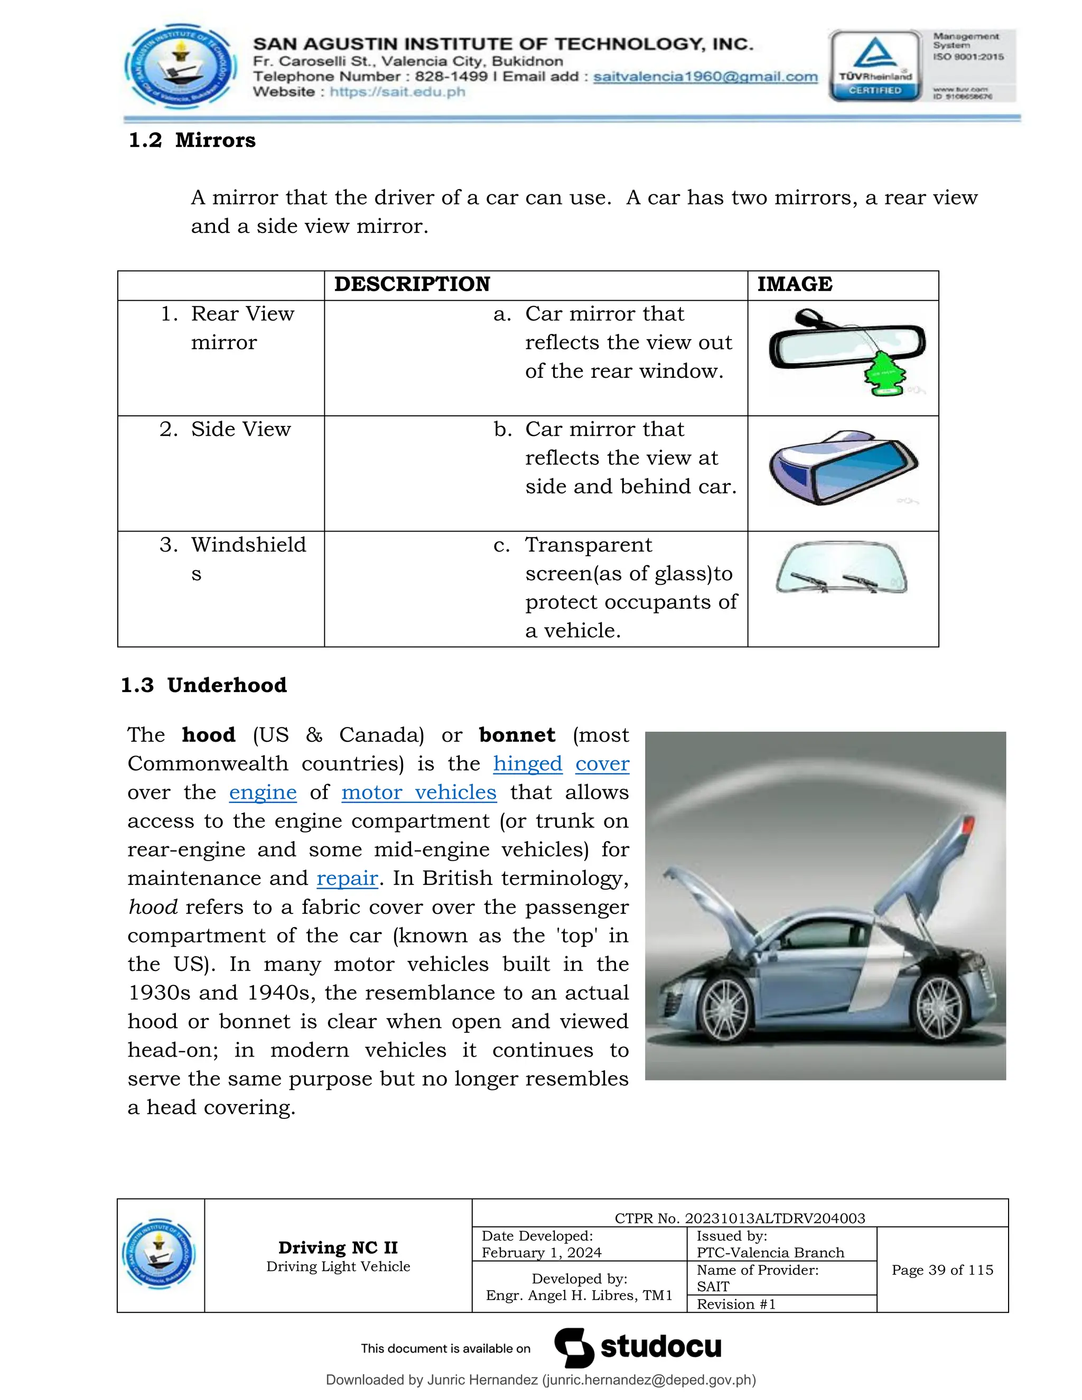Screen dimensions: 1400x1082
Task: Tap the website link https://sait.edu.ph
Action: tap(397, 92)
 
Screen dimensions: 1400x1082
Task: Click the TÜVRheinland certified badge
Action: tap(875, 66)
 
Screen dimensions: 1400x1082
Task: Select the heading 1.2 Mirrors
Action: tap(192, 140)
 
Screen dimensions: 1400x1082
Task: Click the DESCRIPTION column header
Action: tap(412, 284)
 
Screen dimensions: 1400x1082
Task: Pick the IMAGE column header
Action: tap(794, 284)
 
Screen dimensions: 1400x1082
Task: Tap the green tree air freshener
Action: tap(883, 373)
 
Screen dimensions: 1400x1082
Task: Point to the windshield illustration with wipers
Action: tap(841, 568)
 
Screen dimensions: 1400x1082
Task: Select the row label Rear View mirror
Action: tap(228, 328)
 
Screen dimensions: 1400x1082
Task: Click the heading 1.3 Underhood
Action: tap(204, 685)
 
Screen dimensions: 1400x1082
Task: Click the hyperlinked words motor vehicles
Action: tap(418, 792)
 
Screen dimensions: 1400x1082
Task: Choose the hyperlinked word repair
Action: tap(347, 878)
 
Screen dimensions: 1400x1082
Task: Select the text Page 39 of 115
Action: tap(941, 1270)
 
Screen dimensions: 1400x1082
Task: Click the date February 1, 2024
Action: tap(542, 1253)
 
